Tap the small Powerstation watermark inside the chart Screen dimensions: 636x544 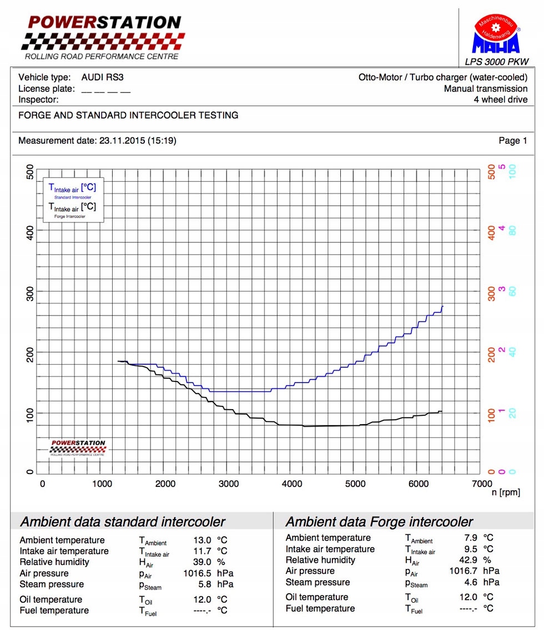click(78, 447)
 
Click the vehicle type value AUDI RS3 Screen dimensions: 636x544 click(102, 78)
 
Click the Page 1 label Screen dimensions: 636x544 click(513, 141)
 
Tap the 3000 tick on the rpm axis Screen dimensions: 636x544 click(228, 484)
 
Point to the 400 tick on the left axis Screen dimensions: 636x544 click(31, 232)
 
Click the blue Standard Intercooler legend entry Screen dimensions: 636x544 click(73, 191)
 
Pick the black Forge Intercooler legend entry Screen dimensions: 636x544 click(73, 210)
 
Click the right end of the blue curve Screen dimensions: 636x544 click(443, 306)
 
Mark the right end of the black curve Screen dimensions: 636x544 click(442, 411)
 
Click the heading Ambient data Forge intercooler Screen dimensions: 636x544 click(379, 522)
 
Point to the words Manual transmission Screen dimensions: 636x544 click(486, 89)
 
